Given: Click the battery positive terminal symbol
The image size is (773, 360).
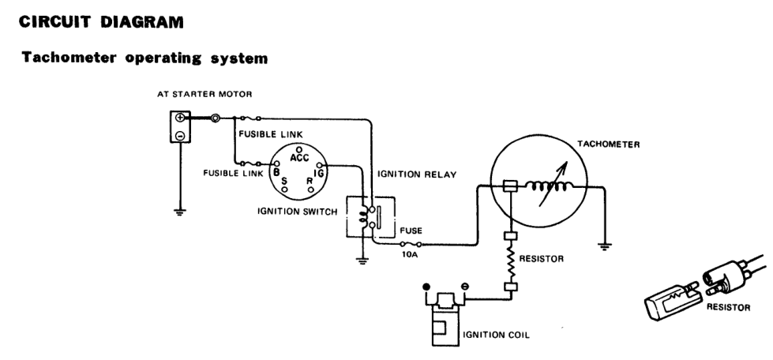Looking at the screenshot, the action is pos(181,118).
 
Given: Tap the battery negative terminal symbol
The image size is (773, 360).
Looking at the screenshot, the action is pos(181,135).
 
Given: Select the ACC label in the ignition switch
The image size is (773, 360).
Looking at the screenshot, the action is pos(299,158).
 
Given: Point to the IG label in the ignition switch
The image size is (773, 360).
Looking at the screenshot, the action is pos(318,173).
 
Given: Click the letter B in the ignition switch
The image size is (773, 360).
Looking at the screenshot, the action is pos(276,172).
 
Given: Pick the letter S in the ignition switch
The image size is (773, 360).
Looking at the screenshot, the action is pos(284,181).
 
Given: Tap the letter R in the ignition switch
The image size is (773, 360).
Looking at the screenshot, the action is pos(310,181).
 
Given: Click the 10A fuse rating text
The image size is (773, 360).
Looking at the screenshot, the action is pos(410,254).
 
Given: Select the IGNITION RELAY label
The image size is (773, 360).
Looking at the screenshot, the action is pos(417,174).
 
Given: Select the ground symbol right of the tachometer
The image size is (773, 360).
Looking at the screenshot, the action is pos(604,246).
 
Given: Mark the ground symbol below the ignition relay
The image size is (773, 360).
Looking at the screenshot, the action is pos(362,261).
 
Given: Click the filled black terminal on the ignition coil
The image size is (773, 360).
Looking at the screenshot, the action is pos(426,287).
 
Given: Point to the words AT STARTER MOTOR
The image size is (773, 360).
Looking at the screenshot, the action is pos(205,94).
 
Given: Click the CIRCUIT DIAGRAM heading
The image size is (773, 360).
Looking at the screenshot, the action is pos(101,22).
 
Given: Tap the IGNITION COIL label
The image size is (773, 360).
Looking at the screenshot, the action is pos(496,336).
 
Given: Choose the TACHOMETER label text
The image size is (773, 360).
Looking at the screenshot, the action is pos(608,144).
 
